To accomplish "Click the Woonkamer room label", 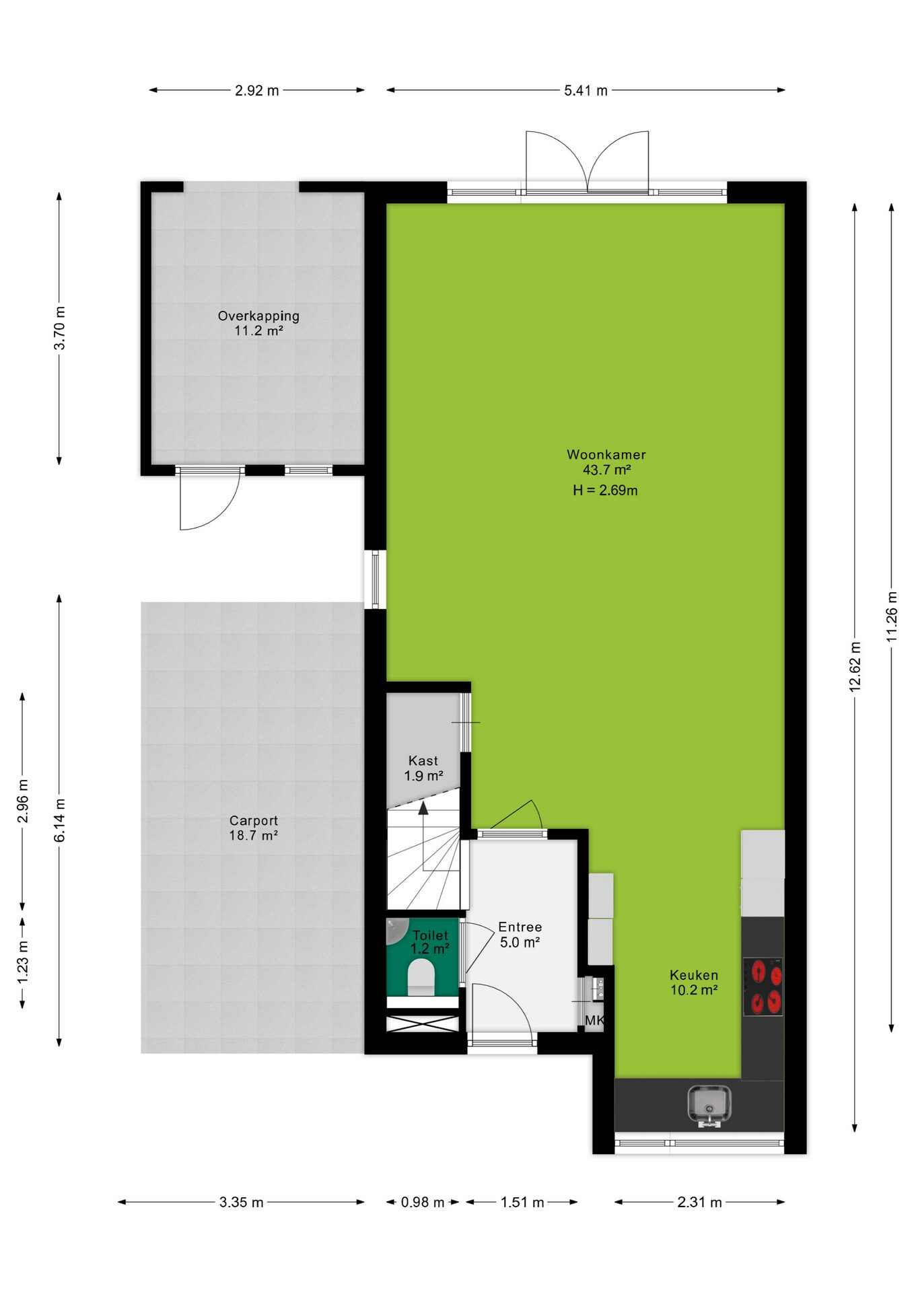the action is pyautogui.click(x=606, y=455).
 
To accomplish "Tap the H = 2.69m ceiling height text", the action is pyautogui.click(x=605, y=491).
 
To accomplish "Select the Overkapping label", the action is pyautogui.click(x=258, y=316).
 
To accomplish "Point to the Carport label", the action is pyautogui.click(x=253, y=821).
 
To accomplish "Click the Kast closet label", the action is pyautogui.click(x=423, y=761).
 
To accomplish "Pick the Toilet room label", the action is pyautogui.click(x=430, y=935).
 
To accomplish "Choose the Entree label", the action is pyautogui.click(x=520, y=927).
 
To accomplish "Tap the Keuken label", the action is pyautogui.click(x=694, y=975).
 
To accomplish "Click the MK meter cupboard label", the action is pyautogui.click(x=594, y=1021).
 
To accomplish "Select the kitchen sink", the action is pyautogui.click(x=709, y=1106).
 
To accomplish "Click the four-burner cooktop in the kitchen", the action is pyautogui.click(x=763, y=986).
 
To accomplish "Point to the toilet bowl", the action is pyautogui.click(x=421, y=977).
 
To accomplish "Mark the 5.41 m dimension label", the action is pyautogui.click(x=586, y=91).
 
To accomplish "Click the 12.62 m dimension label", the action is pyautogui.click(x=855, y=667).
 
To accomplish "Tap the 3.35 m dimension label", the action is pyautogui.click(x=242, y=1203).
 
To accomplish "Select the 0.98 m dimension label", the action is pyautogui.click(x=423, y=1203).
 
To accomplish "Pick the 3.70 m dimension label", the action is pyautogui.click(x=60, y=328).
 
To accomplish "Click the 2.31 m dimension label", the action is pyautogui.click(x=699, y=1203).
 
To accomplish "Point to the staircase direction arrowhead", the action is pyautogui.click(x=423, y=808).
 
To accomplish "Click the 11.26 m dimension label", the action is pyautogui.click(x=892, y=616).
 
